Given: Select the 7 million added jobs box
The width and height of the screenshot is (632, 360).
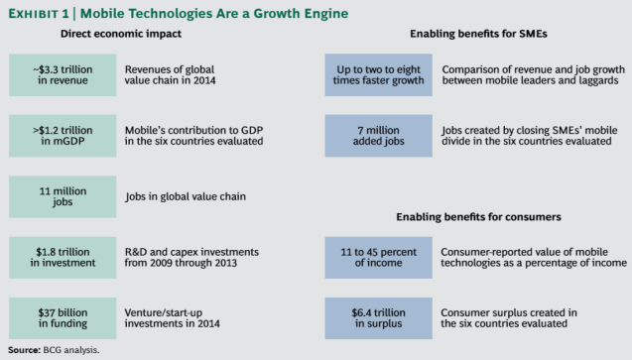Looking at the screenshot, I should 378,135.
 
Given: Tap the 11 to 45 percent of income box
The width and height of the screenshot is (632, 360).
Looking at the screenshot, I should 378,256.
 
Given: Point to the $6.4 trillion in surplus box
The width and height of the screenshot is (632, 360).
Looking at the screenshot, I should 378,315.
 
